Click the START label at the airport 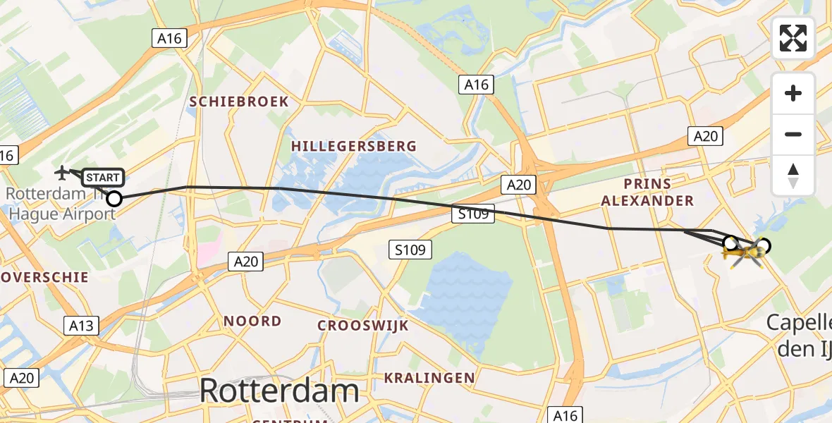coord(103,177)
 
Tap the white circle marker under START coord(114,199)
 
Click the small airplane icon coord(63,171)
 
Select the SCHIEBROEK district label coord(239,102)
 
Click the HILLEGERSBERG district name coord(354,146)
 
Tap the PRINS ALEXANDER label coord(647,192)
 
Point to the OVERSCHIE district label coord(44,277)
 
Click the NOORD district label coord(252,321)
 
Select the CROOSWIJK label coord(363,326)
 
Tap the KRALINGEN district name coord(429,378)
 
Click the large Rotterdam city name coord(279,390)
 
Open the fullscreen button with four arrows coord(793,38)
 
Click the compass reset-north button coord(793,175)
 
